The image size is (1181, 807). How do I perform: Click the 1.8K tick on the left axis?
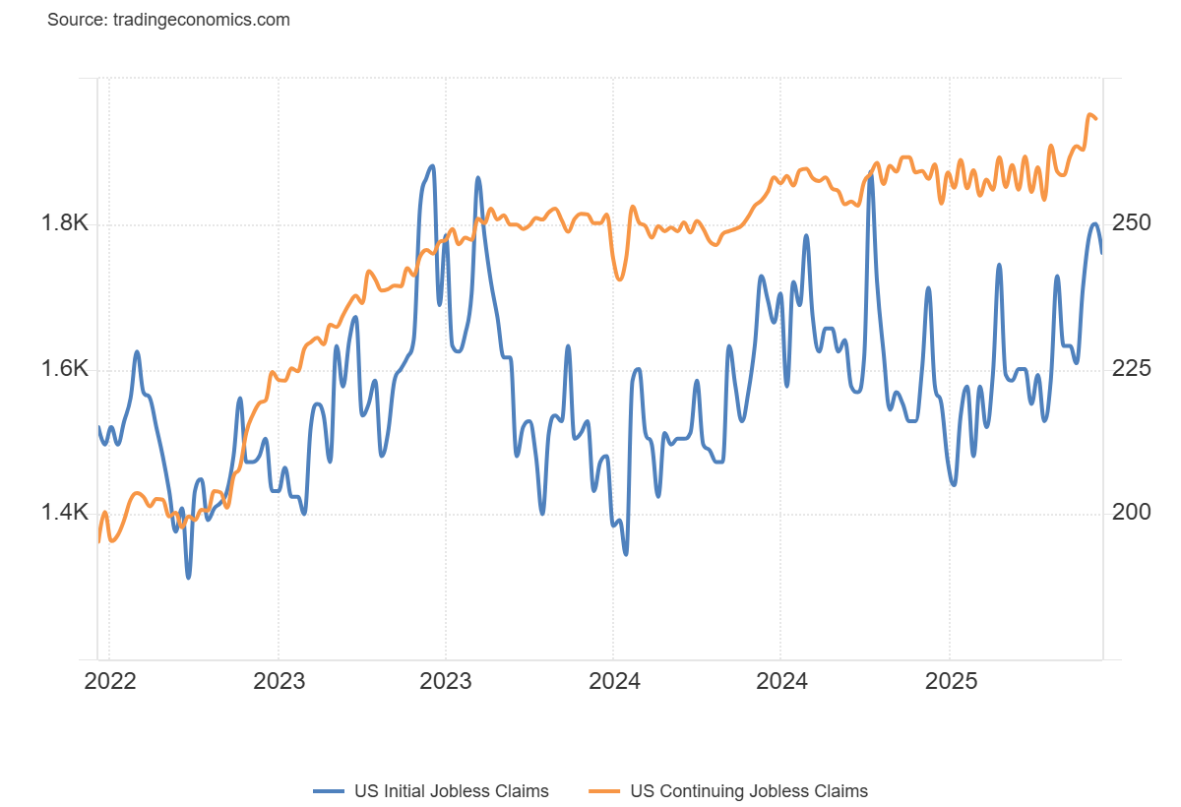coord(64,224)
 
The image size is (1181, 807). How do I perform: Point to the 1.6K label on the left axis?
coord(64,370)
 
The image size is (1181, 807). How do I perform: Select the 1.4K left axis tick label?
coord(64,513)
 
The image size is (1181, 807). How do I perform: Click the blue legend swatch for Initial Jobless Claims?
coord(327,790)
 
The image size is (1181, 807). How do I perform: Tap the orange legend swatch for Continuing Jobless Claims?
coord(602,790)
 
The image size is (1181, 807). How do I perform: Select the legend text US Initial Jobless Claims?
coord(450,790)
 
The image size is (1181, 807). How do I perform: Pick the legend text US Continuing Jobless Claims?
coord(749,790)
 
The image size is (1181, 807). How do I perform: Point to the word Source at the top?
coord(74,20)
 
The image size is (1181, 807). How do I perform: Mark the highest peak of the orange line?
coord(1089,115)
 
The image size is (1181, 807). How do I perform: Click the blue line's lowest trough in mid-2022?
coord(188,578)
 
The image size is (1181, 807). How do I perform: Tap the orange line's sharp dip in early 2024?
coord(619,279)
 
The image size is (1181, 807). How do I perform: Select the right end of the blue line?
coord(1101,253)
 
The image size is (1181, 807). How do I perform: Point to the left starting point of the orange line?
coord(98,541)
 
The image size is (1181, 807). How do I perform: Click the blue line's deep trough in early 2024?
coord(626,554)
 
